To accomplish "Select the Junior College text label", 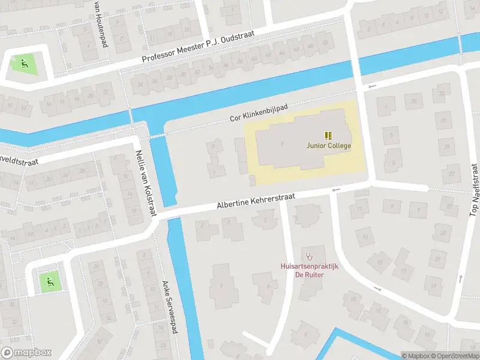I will tap(328, 145).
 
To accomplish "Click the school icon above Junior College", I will tap(328, 136).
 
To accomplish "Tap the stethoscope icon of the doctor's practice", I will tap(310, 256).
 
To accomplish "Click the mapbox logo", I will tap(26, 353).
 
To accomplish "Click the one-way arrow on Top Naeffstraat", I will tap(461, 278).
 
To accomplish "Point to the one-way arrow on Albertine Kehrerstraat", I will tap(335, 191).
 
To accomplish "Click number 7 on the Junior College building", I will tap(281, 142).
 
